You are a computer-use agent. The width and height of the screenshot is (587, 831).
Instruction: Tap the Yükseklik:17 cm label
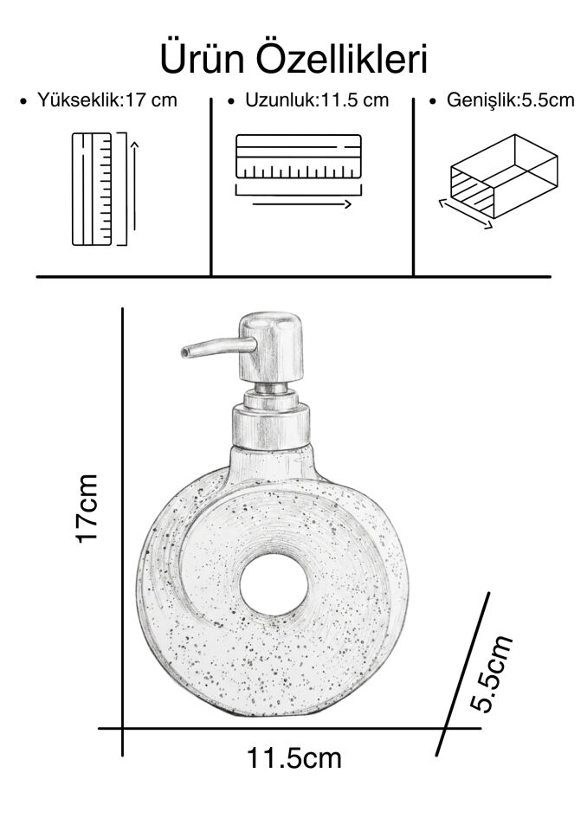pyautogui.click(x=106, y=100)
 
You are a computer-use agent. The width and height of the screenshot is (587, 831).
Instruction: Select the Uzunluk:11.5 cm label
pyautogui.click(x=317, y=100)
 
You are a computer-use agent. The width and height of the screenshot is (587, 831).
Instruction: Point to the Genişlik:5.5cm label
pyautogui.click(x=510, y=100)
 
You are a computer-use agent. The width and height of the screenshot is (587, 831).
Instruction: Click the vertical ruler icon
pyautogui.click(x=92, y=190)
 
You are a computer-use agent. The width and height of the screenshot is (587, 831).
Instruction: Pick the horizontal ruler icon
pyautogui.click(x=299, y=157)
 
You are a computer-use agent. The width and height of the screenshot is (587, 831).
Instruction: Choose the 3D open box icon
pyautogui.click(x=504, y=176)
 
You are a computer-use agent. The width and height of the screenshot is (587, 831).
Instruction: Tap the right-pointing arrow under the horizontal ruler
pyautogui.click(x=301, y=204)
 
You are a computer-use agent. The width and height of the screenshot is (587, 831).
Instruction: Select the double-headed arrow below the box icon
pyautogui.click(x=466, y=214)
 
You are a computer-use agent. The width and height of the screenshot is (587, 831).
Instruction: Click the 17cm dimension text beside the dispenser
pyautogui.click(x=87, y=508)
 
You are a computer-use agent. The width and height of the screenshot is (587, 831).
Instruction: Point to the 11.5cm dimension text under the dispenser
pyautogui.click(x=293, y=758)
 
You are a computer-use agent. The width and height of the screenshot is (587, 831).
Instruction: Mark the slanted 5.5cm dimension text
pyautogui.click(x=492, y=673)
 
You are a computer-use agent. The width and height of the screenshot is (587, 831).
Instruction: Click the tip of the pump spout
pyautogui.click(x=184, y=351)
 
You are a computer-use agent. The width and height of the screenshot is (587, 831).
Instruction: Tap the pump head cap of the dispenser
pyautogui.click(x=271, y=347)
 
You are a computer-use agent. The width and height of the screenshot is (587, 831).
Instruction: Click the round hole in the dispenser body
pyautogui.click(x=274, y=584)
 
